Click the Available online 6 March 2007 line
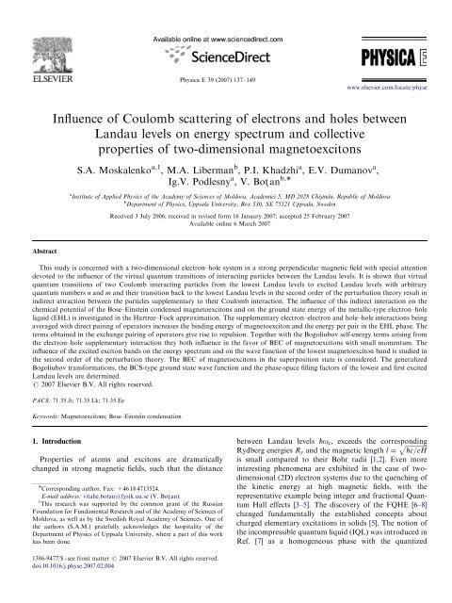[226, 231]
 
